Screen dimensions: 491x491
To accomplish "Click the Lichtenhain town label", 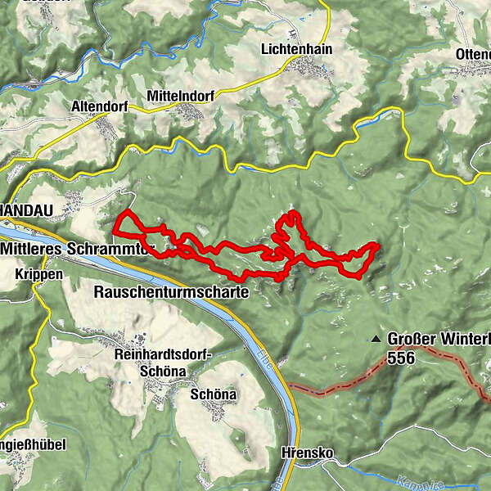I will [x=296, y=49].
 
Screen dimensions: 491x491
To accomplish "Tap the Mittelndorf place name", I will [x=180, y=96].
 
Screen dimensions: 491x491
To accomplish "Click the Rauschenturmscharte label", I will [x=172, y=291].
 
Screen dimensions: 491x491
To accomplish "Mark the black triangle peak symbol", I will [x=376, y=338].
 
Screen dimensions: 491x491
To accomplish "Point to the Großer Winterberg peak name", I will [x=438, y=338].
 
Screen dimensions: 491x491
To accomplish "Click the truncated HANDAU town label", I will [x=26, y=210].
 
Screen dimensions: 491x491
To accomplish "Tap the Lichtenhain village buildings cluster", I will [x=315, y=70].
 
